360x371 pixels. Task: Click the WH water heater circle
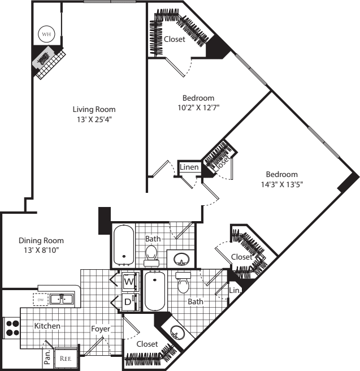(45, 34)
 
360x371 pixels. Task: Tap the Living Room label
(94, 109)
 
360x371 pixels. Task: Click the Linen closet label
(188, 167)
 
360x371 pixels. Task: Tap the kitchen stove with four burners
(12, 328)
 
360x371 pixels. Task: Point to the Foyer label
(101, 329)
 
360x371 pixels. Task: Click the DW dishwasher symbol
(40, 299)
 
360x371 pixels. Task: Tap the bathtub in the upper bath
(123, 244)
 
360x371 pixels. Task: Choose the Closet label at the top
(175, 39)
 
